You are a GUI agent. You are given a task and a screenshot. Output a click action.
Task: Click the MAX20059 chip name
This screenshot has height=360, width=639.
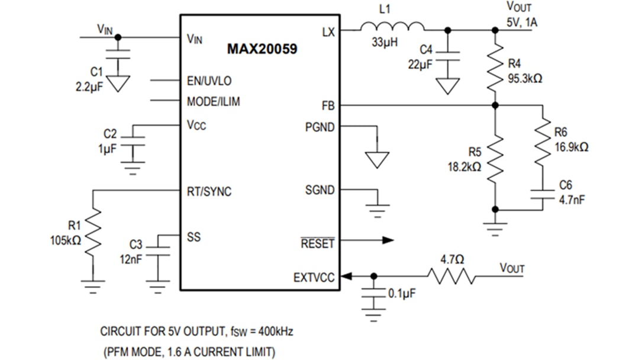coord(262,49)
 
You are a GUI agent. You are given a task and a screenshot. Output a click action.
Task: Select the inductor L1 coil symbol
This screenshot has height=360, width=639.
coord(392,27)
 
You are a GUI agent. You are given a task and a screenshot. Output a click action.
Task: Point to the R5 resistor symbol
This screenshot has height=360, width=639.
coord(496,157)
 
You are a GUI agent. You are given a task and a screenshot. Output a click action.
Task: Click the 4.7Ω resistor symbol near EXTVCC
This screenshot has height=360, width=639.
coord(451,276)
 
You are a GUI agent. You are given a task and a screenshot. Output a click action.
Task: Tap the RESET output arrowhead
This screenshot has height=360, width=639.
coord(388,240)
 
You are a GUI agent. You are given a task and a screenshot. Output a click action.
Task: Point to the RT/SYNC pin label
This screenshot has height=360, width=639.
coord(209,191)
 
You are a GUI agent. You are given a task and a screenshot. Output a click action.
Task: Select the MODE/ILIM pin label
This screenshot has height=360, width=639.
coord(214,102)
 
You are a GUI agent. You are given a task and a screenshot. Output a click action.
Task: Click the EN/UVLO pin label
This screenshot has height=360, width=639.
coord(209,81)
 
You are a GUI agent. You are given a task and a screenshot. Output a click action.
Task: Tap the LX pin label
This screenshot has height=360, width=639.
coord(328,31)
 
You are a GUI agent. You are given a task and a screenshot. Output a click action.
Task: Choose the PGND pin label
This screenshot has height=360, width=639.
coord(319,127)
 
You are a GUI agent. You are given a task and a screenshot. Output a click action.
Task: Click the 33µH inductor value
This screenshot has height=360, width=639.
coord(385,43)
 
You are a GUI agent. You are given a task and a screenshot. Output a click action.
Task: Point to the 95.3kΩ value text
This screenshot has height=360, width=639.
coord(525,78)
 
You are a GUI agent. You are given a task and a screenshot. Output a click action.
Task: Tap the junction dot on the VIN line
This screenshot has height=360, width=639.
coord(118,37)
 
